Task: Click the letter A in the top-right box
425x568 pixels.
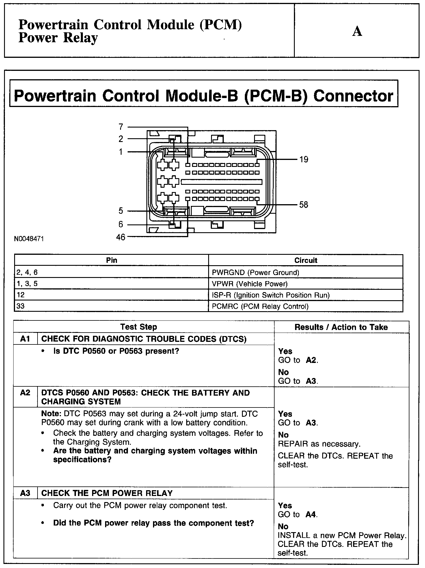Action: (x=357, y=31)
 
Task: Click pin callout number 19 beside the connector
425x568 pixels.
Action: (x=304, y=159)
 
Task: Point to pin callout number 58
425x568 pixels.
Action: (x=304, y=205)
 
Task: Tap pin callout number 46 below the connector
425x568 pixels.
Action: (x=121, y=237)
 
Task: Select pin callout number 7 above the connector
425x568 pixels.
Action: (x=121, y=127)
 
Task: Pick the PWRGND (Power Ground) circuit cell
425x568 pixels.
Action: (x=256, y=272)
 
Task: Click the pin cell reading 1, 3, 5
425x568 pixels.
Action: (x=27, y=284)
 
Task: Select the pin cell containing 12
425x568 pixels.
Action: (x=21, y=295)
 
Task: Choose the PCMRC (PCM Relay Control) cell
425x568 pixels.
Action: (x=260, y=306)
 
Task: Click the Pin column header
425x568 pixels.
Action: (x=111, y=260)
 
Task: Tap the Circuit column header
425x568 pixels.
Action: (x=306, y=260)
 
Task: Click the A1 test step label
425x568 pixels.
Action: (x=25, y=339)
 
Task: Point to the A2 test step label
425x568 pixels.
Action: (x=25, y=393)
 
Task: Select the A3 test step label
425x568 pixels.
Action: (x=25, y=493)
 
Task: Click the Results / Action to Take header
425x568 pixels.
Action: (x=341, y=327)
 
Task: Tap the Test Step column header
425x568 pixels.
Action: (x=139, y=327)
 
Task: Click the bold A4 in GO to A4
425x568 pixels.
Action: (x=311, y=514)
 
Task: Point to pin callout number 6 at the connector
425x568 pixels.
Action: (x=121, y=224)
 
